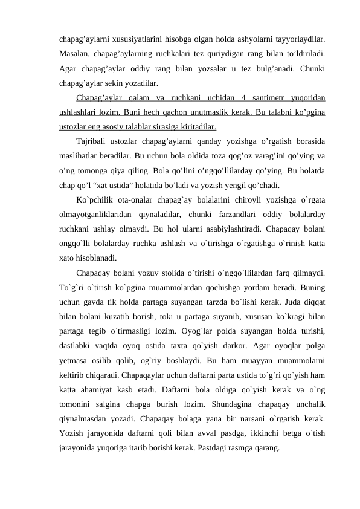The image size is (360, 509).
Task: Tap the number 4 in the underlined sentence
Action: [x=242, y=97]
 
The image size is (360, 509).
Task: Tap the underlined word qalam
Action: [x=140, y=97]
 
